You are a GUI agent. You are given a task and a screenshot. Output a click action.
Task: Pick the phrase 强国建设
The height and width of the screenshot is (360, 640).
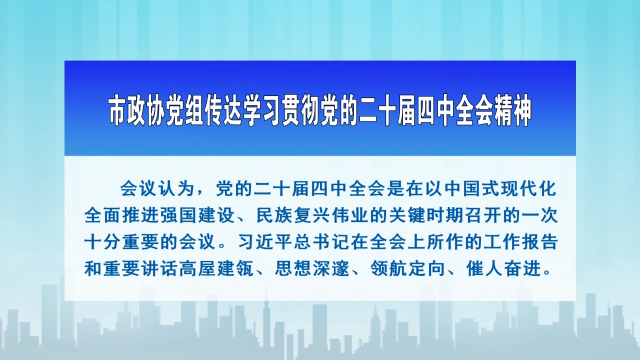click(207, 214)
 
